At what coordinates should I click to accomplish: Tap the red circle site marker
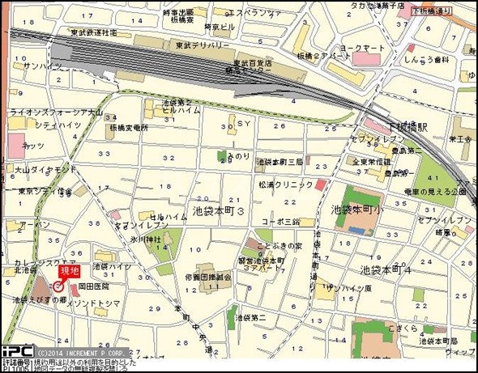click(x=58, y=286)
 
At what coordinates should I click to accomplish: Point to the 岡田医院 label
click(x=93, y=286)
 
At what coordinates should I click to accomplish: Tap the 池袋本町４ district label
click(x=387, y=269)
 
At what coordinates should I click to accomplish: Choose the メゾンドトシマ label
click(x=108, y=303)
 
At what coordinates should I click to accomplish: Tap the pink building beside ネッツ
click(x=17, y=146)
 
